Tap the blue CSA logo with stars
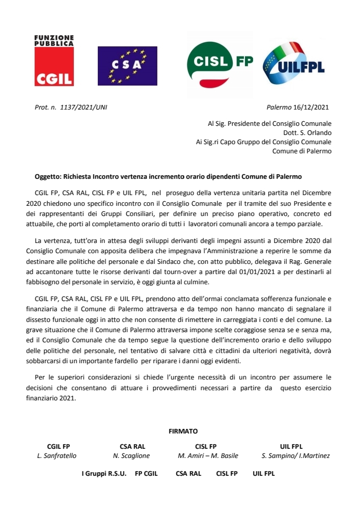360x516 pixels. tap(127, 66)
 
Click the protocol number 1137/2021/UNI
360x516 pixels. tap(84, 107)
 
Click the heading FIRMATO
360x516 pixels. tap(183, 431)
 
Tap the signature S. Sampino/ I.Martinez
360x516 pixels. tap(295, 456)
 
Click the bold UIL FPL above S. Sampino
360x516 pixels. tap(291, 446)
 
